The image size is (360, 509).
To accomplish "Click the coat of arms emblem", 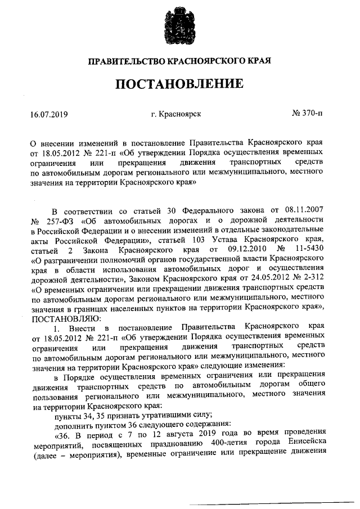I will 180,25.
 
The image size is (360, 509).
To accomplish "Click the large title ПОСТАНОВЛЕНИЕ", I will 180,84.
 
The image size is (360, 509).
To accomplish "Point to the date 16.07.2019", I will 49,115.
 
